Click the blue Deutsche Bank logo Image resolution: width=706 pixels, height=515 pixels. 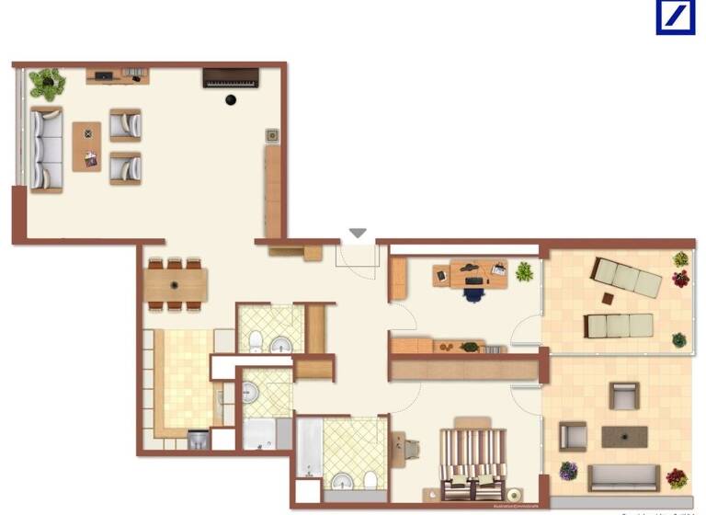click(x=676, y=17)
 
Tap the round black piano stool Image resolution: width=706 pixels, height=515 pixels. click(x=230, y=99)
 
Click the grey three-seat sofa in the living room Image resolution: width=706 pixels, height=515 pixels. click(x=46, y=148)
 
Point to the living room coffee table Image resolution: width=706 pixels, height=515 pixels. click(x=87, y=146)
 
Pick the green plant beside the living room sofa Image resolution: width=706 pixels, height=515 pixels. click(x=46, y=85)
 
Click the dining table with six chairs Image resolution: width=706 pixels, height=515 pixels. click(x=176, y=284)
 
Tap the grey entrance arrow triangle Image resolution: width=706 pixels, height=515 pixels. click(x=358, y=234)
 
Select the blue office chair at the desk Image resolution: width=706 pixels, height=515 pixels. click(x=473, y=293)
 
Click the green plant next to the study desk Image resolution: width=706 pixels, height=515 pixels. click(x=524, y=271)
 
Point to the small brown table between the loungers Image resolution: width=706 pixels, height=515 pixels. click(x=609, y=298)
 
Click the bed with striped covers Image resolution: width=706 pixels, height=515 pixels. click(x=473, y=462)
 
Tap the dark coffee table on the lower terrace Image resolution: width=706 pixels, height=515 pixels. click(x=624, y=436)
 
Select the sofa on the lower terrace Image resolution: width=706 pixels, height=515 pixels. click(x=622, y=476)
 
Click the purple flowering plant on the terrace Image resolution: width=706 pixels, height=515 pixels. click(x=569, y=471)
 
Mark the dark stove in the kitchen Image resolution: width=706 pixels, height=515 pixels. click(x=199, y=440)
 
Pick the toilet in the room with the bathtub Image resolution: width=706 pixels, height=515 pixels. click(x=369, y=479)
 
